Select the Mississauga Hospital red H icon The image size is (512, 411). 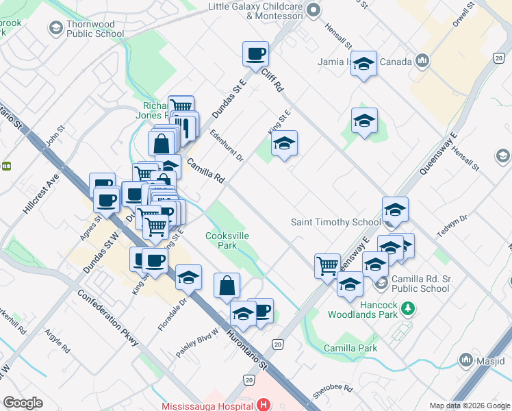pyautogui.click(x=262, y=405)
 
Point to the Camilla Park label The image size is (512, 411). pyautogui.click(x=350, y=348)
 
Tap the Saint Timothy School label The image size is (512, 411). pyautogui.click(x=335, y=222)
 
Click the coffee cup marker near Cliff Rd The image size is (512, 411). pyautogui.click(x=255, y=55)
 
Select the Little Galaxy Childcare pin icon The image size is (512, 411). pyautogui.click(x=313, y=10)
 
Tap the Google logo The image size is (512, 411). pyautogui.click(x=23, y=403)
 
